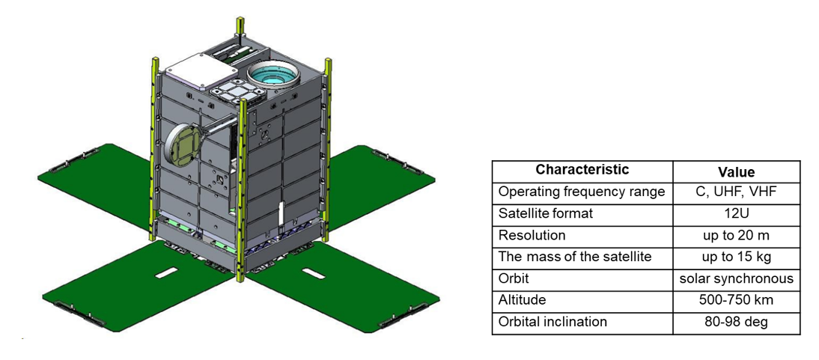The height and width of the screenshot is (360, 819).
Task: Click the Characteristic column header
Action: click(x=582, y=171)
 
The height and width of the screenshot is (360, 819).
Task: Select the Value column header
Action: click(x=736, y=171)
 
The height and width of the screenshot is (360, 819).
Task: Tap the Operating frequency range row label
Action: click(x=582, y=192)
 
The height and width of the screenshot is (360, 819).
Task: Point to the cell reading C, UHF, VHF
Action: click(x=736, y=192)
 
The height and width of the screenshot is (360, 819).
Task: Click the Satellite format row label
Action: click(x=546, y=214)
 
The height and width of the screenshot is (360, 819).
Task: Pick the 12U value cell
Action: click(x=736, y=214)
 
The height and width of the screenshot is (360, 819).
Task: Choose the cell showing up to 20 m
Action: click(x=736, y=236)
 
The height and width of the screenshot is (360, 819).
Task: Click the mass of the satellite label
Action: click(x=575, y=257)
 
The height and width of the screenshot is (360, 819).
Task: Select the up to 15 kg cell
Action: click(x=736, y=257)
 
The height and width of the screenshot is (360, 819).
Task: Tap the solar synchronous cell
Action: click(x=736, y=279)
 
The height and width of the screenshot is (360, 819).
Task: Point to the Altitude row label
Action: click(x=523, y=301)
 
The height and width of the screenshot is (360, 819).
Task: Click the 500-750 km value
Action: click(x=736, y=301)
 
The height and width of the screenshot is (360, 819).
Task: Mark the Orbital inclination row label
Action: click(x=552, y=323)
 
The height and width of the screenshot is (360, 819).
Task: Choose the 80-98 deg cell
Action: click(x=736, y=323)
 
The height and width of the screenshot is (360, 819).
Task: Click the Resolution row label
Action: click(x=532, y=236)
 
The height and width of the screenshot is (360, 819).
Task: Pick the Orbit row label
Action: click(x=514, y=279)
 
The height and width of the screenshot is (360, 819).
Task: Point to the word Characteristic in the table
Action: click(x=582, y=171)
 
